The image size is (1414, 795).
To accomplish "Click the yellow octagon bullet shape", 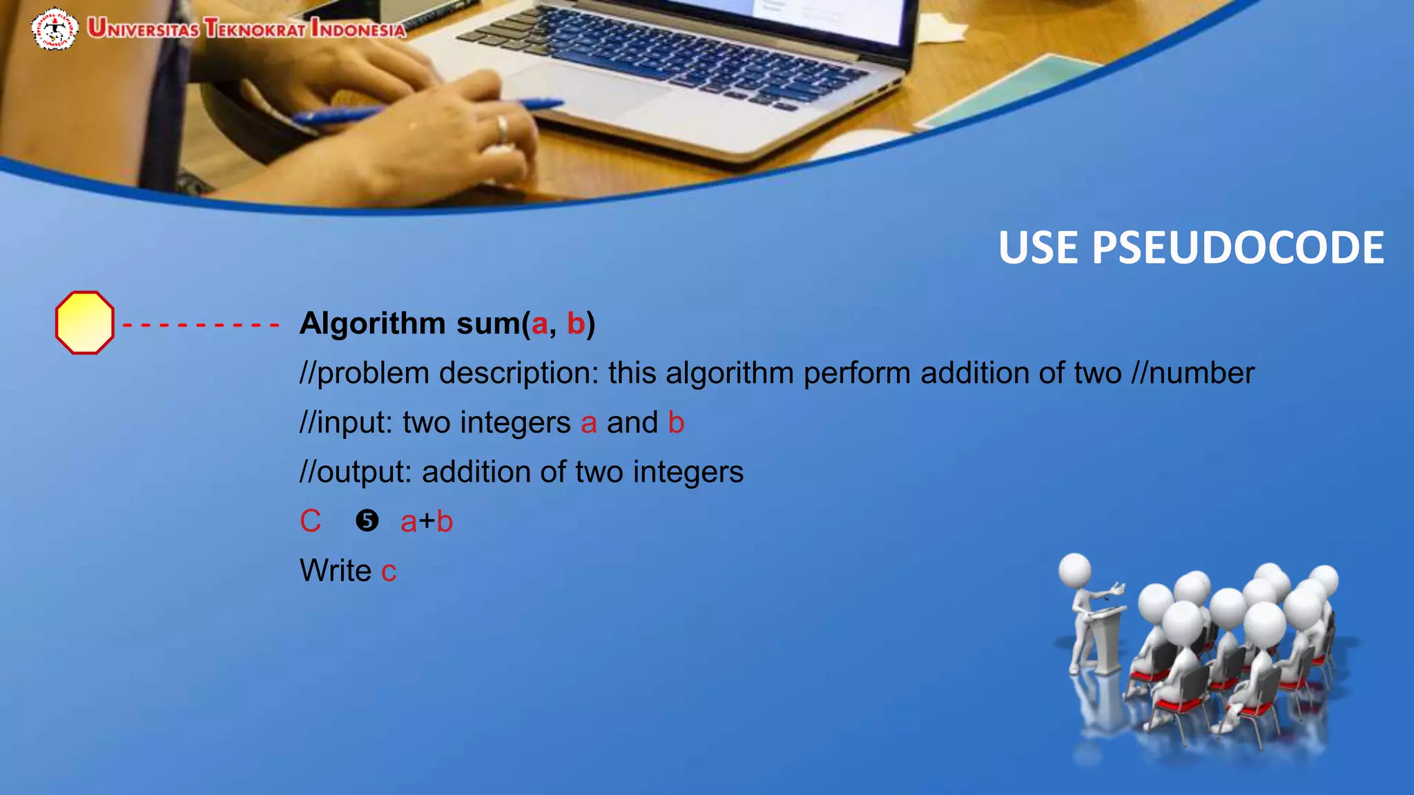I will click(84, 322).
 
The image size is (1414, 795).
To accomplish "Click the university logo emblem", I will click(55, 29).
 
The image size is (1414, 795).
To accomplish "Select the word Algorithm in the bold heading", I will click(373, 323).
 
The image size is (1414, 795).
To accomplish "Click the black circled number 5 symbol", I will click(367, 520).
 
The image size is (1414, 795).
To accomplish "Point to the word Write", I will click(336, 571).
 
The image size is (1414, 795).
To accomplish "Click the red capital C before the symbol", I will click(310, 521).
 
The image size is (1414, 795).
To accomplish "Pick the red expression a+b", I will click(427, 522).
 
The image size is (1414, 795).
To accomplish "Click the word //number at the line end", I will click(1192, 373).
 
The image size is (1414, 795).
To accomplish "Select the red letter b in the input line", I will click(676, 422).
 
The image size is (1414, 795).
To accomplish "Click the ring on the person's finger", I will click(503, 128).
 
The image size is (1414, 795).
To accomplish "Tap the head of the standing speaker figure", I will click(1075, 570).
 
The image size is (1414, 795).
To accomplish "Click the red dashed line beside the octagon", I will click(200, 324).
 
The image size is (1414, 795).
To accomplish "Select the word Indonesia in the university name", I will click(358, 29).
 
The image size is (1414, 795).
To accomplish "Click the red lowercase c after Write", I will click(389, 572).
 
